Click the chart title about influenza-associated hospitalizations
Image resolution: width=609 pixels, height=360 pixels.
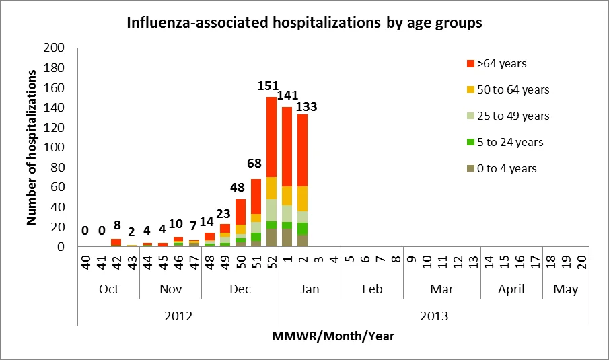tap(304, 22)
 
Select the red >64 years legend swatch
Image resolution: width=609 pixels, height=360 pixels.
tap(471, 64)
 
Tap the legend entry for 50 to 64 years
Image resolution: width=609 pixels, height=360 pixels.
tap(508, 89)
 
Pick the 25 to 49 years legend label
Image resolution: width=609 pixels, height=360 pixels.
tap(513, 116)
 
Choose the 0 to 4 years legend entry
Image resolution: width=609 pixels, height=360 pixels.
tap(502, 168)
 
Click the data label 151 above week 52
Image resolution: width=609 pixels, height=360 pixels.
tap(268, 86)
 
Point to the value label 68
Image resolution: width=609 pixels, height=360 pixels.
tap(254, 164)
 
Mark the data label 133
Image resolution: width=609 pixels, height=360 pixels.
tap(306, 107)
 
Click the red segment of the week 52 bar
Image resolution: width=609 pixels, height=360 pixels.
tap(271, 137)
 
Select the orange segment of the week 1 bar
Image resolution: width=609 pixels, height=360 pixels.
tap(287, 196)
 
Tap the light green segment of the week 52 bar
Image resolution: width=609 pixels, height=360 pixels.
tap(271, 210)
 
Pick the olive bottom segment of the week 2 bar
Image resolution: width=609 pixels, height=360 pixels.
tap(303, 241)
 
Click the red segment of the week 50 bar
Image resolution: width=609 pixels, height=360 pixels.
tap(240, 212)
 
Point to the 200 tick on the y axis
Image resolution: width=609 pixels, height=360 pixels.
tap(54, 48)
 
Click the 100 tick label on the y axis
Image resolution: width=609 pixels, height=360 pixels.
tap(54, 147)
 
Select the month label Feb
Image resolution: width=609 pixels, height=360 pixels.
tap(372, 289)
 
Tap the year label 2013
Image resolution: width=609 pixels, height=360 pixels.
tap(434, 316)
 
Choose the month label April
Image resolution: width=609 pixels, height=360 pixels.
tap(511, 289)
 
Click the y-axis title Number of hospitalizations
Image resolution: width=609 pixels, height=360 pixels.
tap(31, 147)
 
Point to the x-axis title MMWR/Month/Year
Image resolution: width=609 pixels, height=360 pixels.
tap(333, 336)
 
